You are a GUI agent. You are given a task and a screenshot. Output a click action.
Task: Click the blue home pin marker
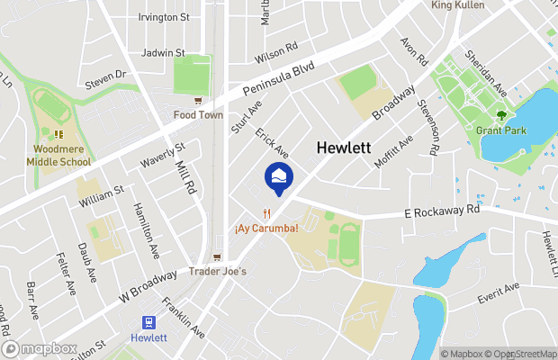(279, 178)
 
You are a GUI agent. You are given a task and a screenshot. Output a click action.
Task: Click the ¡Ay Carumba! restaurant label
(266, 229)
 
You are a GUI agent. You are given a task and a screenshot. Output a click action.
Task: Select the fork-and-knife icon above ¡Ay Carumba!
(266, 213)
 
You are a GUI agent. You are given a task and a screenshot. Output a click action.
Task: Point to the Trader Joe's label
(216, 271)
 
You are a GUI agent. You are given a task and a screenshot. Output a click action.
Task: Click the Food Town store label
(198, 114)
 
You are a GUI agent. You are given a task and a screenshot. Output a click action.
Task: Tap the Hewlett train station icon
(148, 321)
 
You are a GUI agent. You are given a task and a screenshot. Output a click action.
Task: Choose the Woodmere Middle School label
(62, 156)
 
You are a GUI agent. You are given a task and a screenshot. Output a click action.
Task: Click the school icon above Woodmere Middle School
(59, 135)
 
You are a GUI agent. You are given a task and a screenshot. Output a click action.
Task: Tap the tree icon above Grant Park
(502, 114)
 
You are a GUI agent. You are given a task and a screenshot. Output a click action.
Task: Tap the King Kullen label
(457, 5)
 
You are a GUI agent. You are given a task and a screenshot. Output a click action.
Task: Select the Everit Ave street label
(499, 290)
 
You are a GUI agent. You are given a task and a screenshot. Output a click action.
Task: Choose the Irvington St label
(164, 17)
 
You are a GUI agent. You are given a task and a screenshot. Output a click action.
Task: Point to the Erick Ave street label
(271, 142)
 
